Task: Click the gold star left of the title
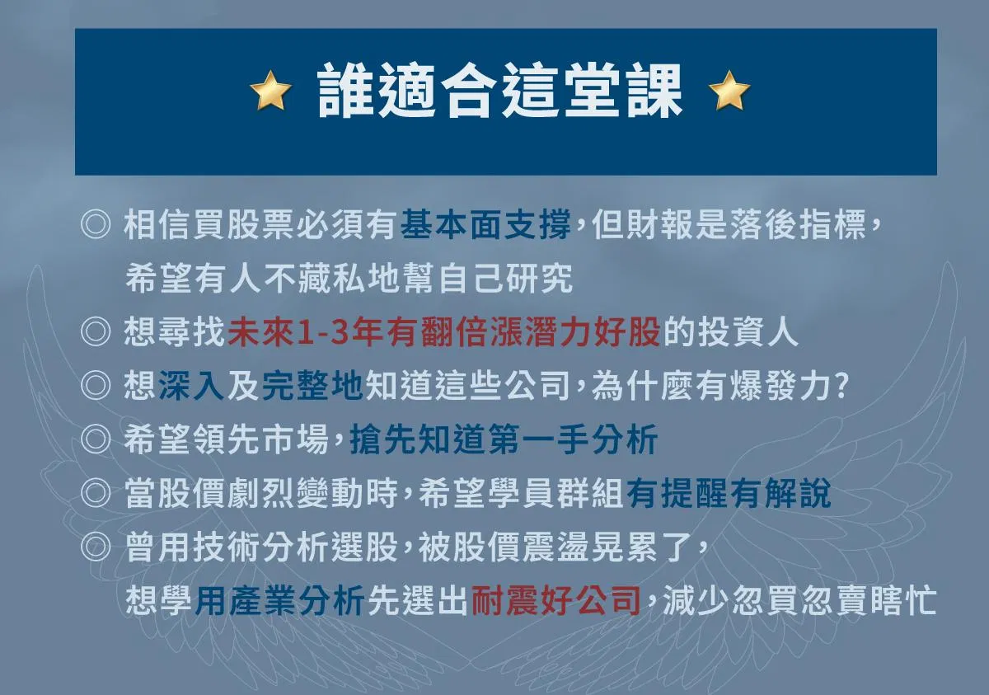[x=270, y=90]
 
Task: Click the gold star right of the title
[x=729, y=90]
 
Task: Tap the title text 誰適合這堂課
[x=499, y=90]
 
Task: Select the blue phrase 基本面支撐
[x=485, y=224]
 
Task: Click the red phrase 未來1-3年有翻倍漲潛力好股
[x=444, y=332]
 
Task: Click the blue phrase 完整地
[x=312, y=386]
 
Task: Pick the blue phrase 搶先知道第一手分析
[x=504, y=439]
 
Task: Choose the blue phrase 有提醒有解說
[x=729, y=494]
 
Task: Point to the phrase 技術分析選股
[x=295, y=547]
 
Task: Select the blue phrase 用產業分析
[x=279, y=601]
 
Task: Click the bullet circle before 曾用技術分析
[x=96, y=547]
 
